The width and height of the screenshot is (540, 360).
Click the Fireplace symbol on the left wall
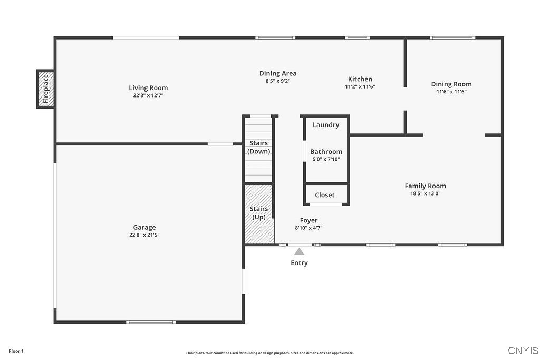click(x=46, y=89)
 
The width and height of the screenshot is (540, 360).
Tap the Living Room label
click(x=148, y=88)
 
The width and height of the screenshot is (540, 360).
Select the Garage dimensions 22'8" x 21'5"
click(x=144, y=235)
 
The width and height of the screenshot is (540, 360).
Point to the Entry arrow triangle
click(x=299, y=251)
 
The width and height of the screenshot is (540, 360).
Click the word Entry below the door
click(x=299, y=263)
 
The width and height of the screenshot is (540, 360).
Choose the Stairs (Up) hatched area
click(x=259, y=213)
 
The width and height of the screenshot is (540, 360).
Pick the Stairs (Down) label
click(x=258, y=147)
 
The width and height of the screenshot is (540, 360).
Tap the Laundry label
click(x=326, y=125)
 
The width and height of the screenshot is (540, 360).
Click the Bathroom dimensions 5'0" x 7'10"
click(x=326, y=159)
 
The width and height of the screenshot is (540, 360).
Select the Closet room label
click(x=325, y=195)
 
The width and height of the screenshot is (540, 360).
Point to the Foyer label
click(x=308, y=220)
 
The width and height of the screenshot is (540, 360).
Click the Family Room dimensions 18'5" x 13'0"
click(x=425, y=193)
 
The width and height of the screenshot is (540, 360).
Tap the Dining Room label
click(x=451, y=84)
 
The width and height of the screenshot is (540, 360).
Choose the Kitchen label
click(x=360, y=79)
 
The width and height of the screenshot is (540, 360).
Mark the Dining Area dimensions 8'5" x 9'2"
click(x=278, y=81)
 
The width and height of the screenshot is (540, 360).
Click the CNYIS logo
click(x=523, y=351)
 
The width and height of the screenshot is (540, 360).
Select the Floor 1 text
click(x=16, y=351)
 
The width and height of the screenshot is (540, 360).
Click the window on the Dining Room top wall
click(x=452, y=38)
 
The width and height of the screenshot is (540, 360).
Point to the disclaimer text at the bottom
click(x=269, y=353)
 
